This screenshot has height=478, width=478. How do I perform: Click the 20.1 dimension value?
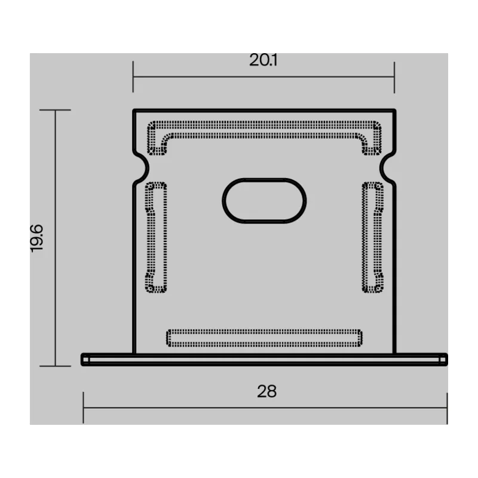(263, 60)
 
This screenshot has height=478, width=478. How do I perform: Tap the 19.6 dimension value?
(37, 238)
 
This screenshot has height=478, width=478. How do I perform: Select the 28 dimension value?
(266, 391)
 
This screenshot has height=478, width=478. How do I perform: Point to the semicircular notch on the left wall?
(145, 168)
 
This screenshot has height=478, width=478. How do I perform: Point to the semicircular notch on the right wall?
(384, 168)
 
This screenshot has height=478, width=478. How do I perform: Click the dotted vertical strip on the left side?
(156, 237)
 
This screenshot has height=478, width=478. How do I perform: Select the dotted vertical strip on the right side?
(373, 237)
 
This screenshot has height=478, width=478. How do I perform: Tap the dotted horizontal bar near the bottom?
(264, 338)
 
